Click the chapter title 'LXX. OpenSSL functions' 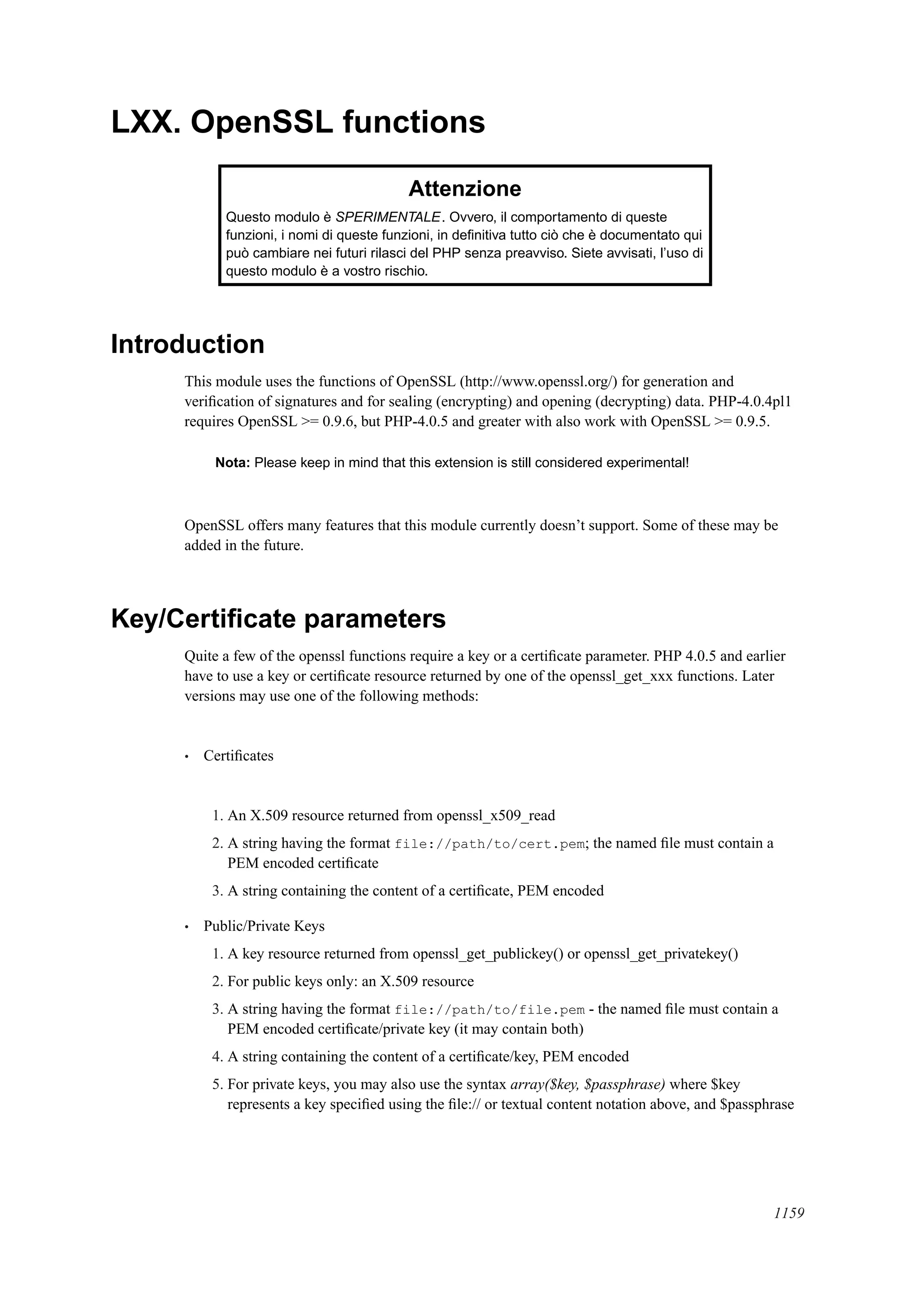(x=298, y=122)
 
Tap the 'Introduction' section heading (x=187, y=344)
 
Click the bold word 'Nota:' (x=233, y=463)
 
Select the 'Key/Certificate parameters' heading (x=278, y=619)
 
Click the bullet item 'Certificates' (x=238, y=756)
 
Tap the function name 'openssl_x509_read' (x=495, y=816)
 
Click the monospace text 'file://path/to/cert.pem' (x=489, y=844)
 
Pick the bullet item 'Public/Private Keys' (x=264, y=926)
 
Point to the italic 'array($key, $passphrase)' (x=587, y=1084)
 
